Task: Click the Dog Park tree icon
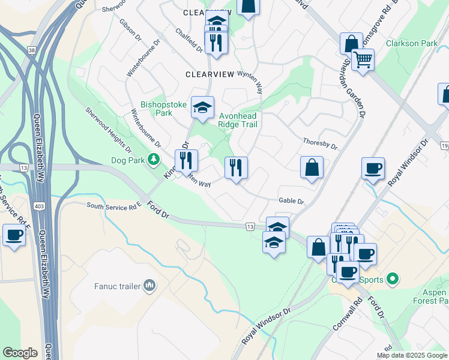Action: click(x=154, y=159)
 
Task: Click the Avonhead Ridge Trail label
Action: click(x=238, y=120)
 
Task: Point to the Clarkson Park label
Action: click(x=412, y=43)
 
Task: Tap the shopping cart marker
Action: click(x=363, y=59)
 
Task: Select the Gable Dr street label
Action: click(x=292, y=202)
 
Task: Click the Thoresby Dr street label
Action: click(x=321, y=145)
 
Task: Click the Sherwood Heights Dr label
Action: click(x=109, y=129)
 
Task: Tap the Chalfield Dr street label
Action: click(x=190, y=40)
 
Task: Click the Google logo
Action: click(x=20, y=353)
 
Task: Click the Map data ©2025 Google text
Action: click(x=412, y=355)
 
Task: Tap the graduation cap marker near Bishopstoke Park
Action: click(x=203, y=108)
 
